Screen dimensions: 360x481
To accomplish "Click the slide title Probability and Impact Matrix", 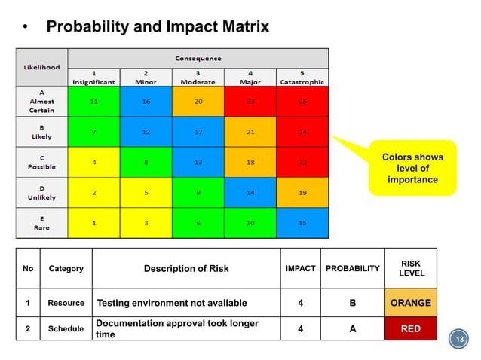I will point(157,28).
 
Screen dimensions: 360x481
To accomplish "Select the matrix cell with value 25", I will point(302,101).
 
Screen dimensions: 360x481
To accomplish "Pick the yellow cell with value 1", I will point(93,224).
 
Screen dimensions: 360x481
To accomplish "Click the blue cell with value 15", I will point(302,224).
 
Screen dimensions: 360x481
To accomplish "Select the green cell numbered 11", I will point(93,101).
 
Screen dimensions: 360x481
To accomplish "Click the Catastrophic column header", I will point(302,78).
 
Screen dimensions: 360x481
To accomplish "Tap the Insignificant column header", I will point(93,78).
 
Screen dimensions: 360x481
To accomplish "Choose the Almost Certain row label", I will point(42,101).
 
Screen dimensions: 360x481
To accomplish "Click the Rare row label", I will point(42,224).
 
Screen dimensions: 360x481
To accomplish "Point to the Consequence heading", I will point(198,58).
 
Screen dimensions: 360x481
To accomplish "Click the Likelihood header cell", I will point(42,67).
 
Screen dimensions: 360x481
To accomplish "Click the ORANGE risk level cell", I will point(410,303).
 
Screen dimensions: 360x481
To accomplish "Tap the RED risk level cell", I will point(410,328).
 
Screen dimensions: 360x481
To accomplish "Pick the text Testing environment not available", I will point(172,304).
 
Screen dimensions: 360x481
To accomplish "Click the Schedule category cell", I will point(66,328).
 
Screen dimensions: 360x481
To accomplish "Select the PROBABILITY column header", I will point(352,269).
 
